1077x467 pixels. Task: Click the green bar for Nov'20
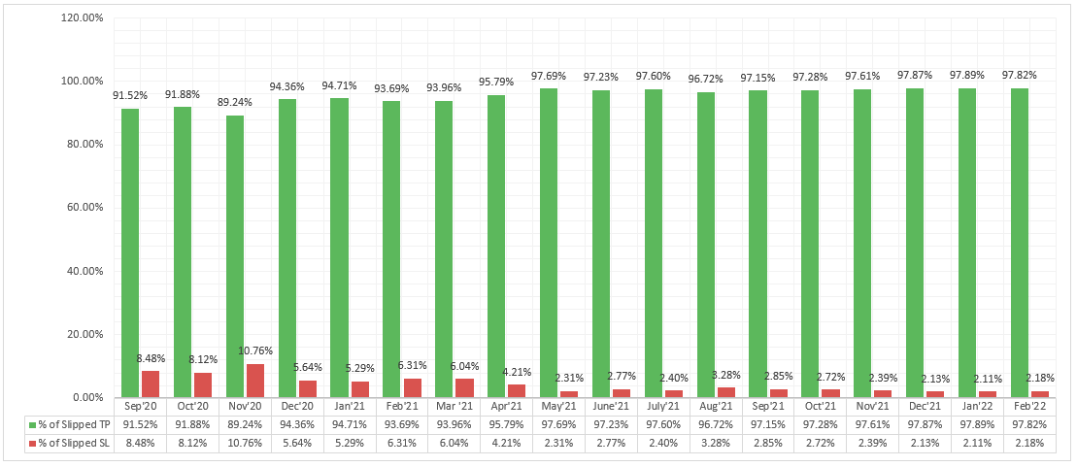pyautogui.click(x=235, y=256)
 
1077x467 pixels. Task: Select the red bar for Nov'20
pyautogui.click(x=255, y=381)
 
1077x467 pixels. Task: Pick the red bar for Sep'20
pyautogui.click(x=150, y=384)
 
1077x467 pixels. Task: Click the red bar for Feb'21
pyautogui.click(x=412, y=387)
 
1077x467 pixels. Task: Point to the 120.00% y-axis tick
pyautogui.click(x=83, y=17)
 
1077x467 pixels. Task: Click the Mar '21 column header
pyautogui.click(x=454, y=407)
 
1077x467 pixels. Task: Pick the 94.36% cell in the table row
pyautogui.click(x=296, y=424)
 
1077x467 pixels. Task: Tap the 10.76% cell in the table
pyautogui.click(x=244, y=443)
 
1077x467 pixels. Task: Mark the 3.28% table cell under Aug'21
pyautogui.click(x=716, y=443)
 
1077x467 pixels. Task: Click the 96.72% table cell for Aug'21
pyautogui.click(x=716, y=424)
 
